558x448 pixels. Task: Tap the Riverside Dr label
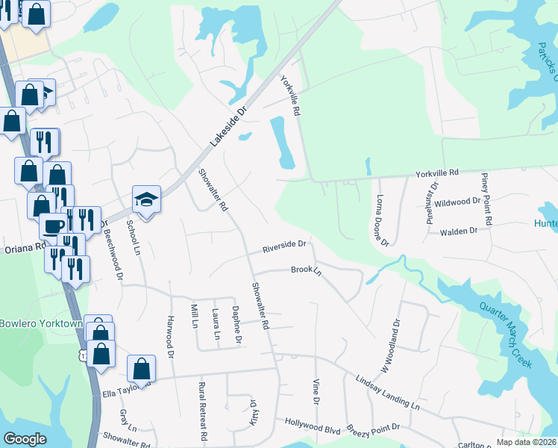[284, 245]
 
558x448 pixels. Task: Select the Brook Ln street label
[306, 270]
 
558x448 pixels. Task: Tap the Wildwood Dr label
[457, 202]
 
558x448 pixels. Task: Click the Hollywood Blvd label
[313, 422]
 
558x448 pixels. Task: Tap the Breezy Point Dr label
[374, 429]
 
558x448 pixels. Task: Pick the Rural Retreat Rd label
[202, 411]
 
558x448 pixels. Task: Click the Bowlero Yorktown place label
[40, 324]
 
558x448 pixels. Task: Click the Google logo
[25, 439]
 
